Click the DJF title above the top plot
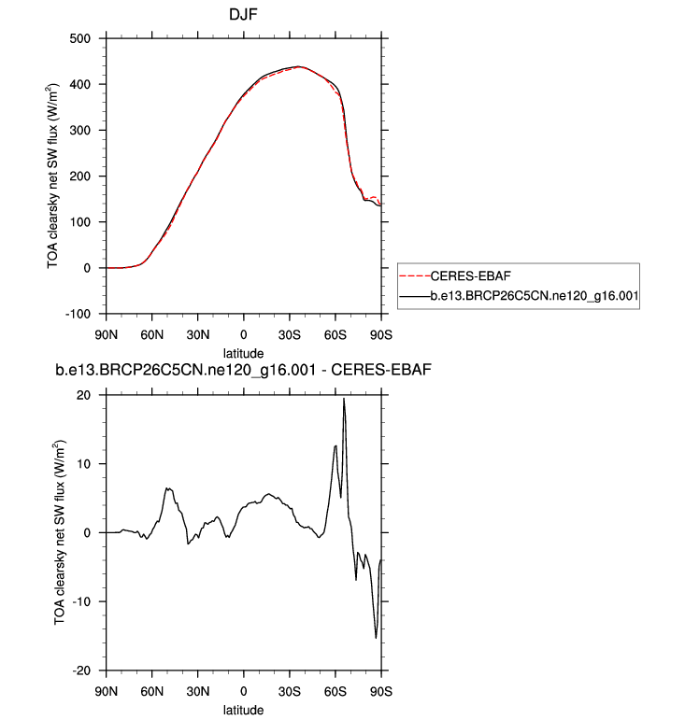click(x=244, y=16)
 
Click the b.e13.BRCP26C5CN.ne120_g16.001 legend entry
click(x=533, y=295)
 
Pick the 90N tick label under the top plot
click(x=107, y=335)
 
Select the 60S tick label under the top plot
click(x=335, y=335)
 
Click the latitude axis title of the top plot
click(x=244, y=354)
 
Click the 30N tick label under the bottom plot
click(x=198, y=692)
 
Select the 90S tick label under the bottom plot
click(x=381, y=692)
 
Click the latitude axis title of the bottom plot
click(x=244, y=711)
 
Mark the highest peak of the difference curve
click(x=344, y=399)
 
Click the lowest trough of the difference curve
click(x=377, y=638)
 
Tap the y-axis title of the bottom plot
click(x=61, y=532)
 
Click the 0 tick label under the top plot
click(x=244, y=335)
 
